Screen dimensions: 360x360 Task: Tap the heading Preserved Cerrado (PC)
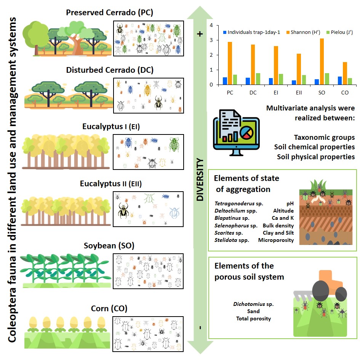tap(109, 12)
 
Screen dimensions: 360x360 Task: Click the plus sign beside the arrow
tap(200, 34)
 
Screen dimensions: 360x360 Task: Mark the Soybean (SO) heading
tap(109, 245)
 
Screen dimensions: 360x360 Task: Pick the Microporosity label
tap(276, 240)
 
